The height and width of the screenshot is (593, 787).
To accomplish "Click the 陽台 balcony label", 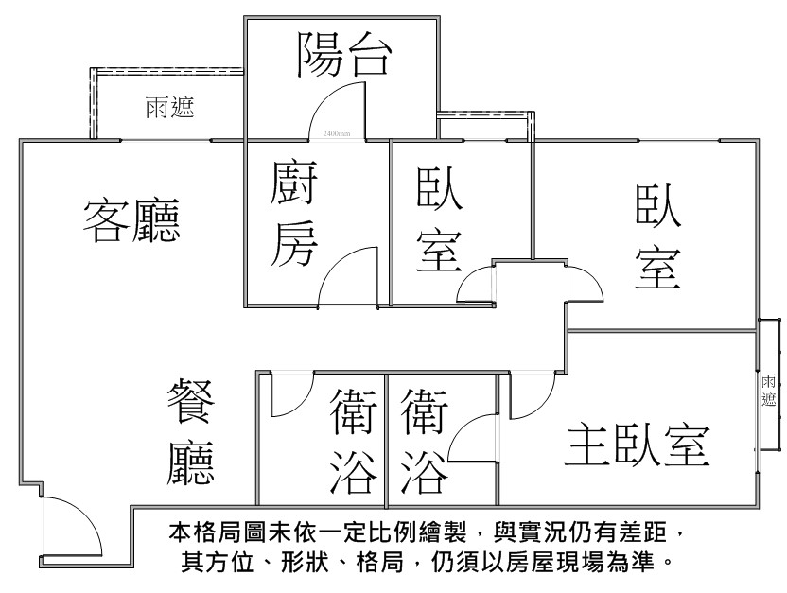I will coord(342,56).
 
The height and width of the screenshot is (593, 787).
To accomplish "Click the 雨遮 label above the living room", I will coord(169,108).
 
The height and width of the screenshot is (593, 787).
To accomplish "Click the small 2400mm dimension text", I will coord(336,133).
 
